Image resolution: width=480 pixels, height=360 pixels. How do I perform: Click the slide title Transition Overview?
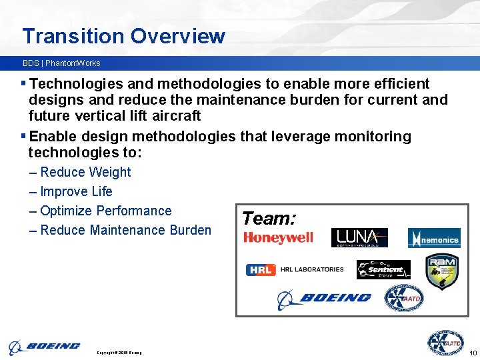pos(123,36)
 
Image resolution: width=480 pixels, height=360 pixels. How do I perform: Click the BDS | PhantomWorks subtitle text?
pos(61,63)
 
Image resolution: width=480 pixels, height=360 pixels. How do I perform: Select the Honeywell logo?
pos(278,238)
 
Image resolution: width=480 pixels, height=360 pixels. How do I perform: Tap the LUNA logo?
pos(359,238)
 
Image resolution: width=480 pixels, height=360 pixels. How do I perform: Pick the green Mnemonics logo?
pos(434,239)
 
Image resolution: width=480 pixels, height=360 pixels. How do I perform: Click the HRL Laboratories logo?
pos(295,269)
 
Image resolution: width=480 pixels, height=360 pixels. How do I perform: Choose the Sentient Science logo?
pos(383,269)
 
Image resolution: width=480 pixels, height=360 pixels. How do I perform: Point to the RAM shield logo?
pos(441,272)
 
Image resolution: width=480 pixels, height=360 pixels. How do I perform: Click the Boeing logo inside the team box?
pos(324,298)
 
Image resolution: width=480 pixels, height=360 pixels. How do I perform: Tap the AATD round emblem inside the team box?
pos(403,298)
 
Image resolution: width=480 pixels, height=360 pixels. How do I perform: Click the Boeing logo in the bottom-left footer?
pos(44,347)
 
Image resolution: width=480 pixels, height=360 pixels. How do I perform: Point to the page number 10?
pos(473,352)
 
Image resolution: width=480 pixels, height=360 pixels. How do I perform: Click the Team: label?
pos(269,218)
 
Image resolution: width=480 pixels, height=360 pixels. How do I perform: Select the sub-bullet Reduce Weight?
pos(85,172)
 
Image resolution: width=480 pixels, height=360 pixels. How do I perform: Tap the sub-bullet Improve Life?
pos(76,191)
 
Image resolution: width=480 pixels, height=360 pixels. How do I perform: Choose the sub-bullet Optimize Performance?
pos(105,211)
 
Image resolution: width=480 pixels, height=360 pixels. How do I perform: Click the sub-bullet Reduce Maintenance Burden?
pos(125,230)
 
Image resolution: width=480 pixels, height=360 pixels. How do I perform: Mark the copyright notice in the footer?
pos(119,352)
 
